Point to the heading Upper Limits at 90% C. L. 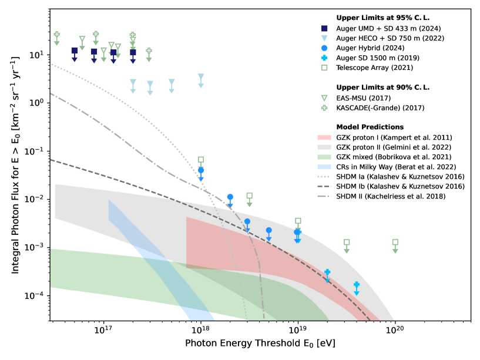(377, 88)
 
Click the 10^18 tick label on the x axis (200, 331)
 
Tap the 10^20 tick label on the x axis (395, 331)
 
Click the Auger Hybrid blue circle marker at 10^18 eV (201, 170)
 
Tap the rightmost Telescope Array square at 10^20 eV (395, 242)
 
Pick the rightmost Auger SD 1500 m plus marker (357, 285)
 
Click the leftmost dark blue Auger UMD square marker (75, 51)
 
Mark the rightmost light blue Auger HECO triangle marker (201, 77)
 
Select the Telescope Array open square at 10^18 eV (201, 160)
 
